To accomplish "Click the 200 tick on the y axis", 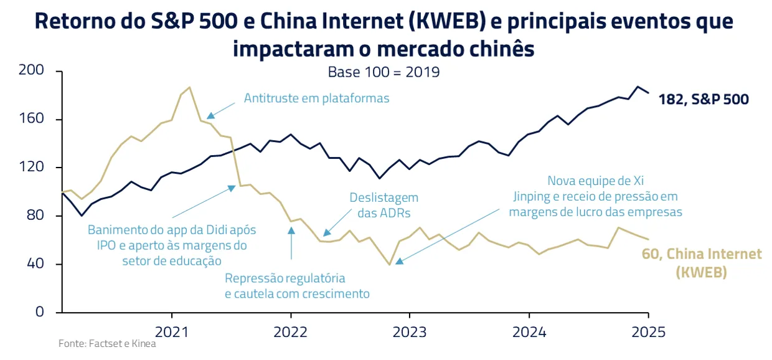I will point(31,71).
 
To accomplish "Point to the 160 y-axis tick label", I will point(31,119).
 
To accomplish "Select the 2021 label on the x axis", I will point(172,331).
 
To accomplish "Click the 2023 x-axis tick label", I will point(409,331).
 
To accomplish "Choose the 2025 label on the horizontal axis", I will point(648,331).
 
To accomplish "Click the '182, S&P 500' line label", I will point(704,99).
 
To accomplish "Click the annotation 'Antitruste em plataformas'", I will point(316,98).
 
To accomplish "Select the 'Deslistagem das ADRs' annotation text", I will point(383,205).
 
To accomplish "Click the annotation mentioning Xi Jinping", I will point(595,196).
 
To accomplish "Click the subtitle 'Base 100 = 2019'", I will point(384,72).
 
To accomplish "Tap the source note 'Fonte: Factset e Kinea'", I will point(107,344).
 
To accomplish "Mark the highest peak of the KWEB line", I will point(190,87).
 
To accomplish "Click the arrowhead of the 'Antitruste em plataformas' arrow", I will point(210,115).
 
